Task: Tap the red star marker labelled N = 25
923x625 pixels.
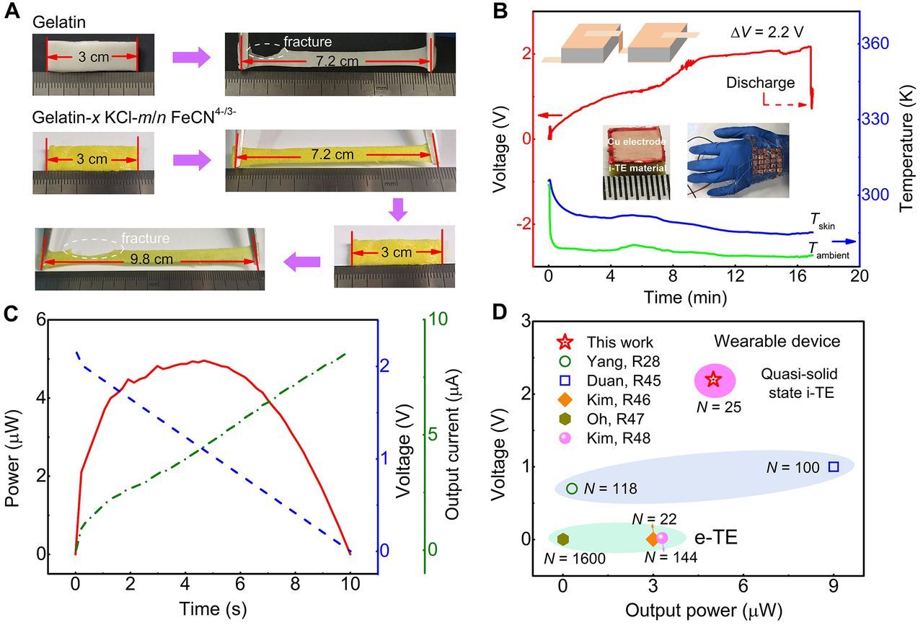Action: [x=713, y=379]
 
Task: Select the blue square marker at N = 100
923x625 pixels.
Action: [x=834, y=466]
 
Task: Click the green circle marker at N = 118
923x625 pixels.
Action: [x=572, y=488]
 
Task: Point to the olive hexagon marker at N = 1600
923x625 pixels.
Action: [x=563, y=538]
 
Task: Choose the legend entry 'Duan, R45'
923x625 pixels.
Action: [x=619, y=378]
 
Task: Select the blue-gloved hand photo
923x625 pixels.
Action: [x=737, y=161]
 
